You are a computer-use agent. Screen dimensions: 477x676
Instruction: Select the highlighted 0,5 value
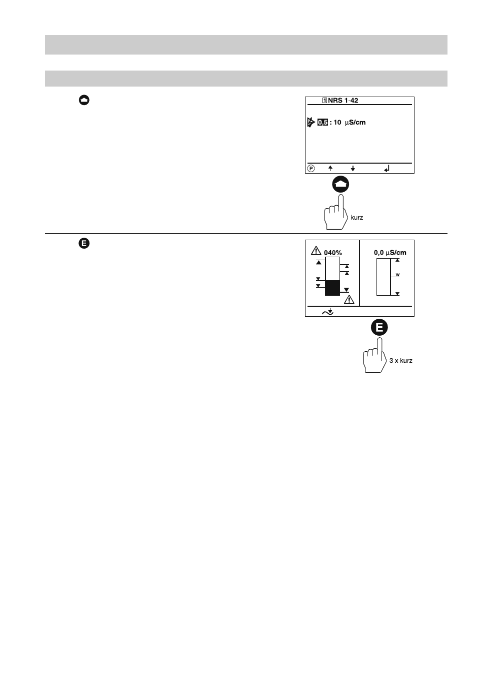click(x=322, y=122)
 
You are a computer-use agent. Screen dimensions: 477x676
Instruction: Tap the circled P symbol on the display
click(x=311, y=169)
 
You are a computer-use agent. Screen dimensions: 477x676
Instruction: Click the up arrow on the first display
click(x=330, y=169)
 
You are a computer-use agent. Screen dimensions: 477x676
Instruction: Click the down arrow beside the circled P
click(x=353, y=169)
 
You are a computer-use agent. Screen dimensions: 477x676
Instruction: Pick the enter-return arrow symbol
click(x=386, y=169)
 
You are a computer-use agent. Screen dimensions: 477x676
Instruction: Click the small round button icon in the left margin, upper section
click(x=84, y=100)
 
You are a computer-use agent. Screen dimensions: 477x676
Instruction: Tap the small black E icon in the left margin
click(x=84, y=243)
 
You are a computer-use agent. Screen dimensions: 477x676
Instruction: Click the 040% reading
click(x=332, y=253)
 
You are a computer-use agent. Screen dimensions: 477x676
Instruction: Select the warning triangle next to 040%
click(x=316, y=251)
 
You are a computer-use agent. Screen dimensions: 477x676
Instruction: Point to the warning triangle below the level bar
click(x=349, y=299)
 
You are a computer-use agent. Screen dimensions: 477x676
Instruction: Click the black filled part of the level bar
click(x=332, y=288)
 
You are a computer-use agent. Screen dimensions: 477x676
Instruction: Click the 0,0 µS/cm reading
click(x=390, y=252)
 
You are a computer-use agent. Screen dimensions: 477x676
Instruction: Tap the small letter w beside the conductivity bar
click(x=397, y=275)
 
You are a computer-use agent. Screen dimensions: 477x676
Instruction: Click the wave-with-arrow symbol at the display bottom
click(x=327, y=312)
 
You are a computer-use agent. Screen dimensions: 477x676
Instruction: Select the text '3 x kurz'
click(x=400, y=360)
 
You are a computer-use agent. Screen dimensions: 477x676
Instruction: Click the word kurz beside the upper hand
click(x=356, y=217)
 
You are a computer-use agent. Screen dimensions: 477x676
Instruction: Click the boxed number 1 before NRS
click(x=324, y=101)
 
